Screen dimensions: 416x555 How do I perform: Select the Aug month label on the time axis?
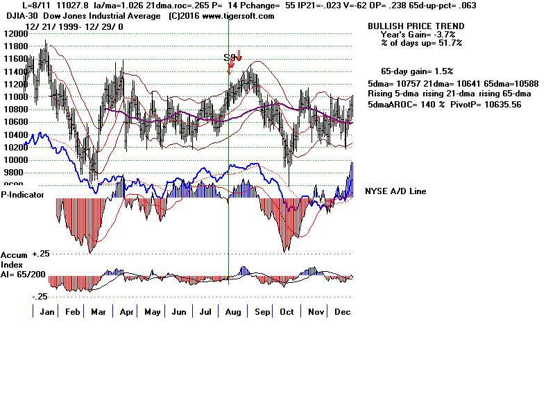(232, 313)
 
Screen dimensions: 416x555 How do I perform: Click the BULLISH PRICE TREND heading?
(407, 26)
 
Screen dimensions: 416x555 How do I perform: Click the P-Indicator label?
(23, 195)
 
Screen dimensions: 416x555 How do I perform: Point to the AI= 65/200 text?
(24, 275)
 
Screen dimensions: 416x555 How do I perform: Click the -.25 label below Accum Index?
(42, 296)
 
